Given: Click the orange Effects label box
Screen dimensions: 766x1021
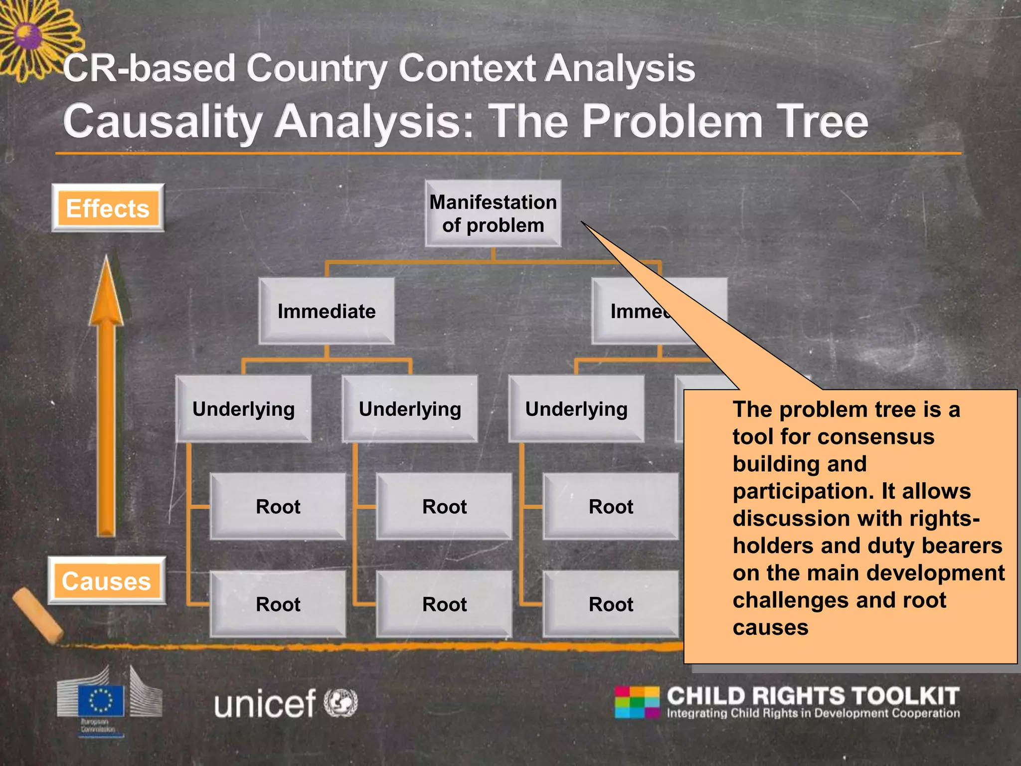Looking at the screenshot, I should coord(108,208).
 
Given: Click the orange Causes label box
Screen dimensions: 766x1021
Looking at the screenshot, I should coord(107,581).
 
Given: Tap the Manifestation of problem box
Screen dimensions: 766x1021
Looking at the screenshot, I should coord(493,213).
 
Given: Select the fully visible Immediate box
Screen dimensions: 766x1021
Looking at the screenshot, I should coord(327,311).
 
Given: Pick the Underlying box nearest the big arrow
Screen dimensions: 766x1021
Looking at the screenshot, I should coord(243,409).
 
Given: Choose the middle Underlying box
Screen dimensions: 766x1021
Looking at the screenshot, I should coord(410,409).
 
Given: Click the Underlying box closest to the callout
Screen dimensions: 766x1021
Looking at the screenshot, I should coord(576,409).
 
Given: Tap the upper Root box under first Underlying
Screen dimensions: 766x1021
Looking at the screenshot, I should coord(278,507).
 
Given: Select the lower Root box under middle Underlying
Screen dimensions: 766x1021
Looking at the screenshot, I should coord(444,604).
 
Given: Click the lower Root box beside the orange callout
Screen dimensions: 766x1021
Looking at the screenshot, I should coord(611,604).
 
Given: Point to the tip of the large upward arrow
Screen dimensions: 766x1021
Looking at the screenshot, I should coord(106,259).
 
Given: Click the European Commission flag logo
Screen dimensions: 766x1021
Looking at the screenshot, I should coord(101,700).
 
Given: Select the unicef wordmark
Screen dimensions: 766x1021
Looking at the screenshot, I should coord(265,703).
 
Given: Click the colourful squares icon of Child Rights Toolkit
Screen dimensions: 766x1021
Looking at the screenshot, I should coord(637,702).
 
